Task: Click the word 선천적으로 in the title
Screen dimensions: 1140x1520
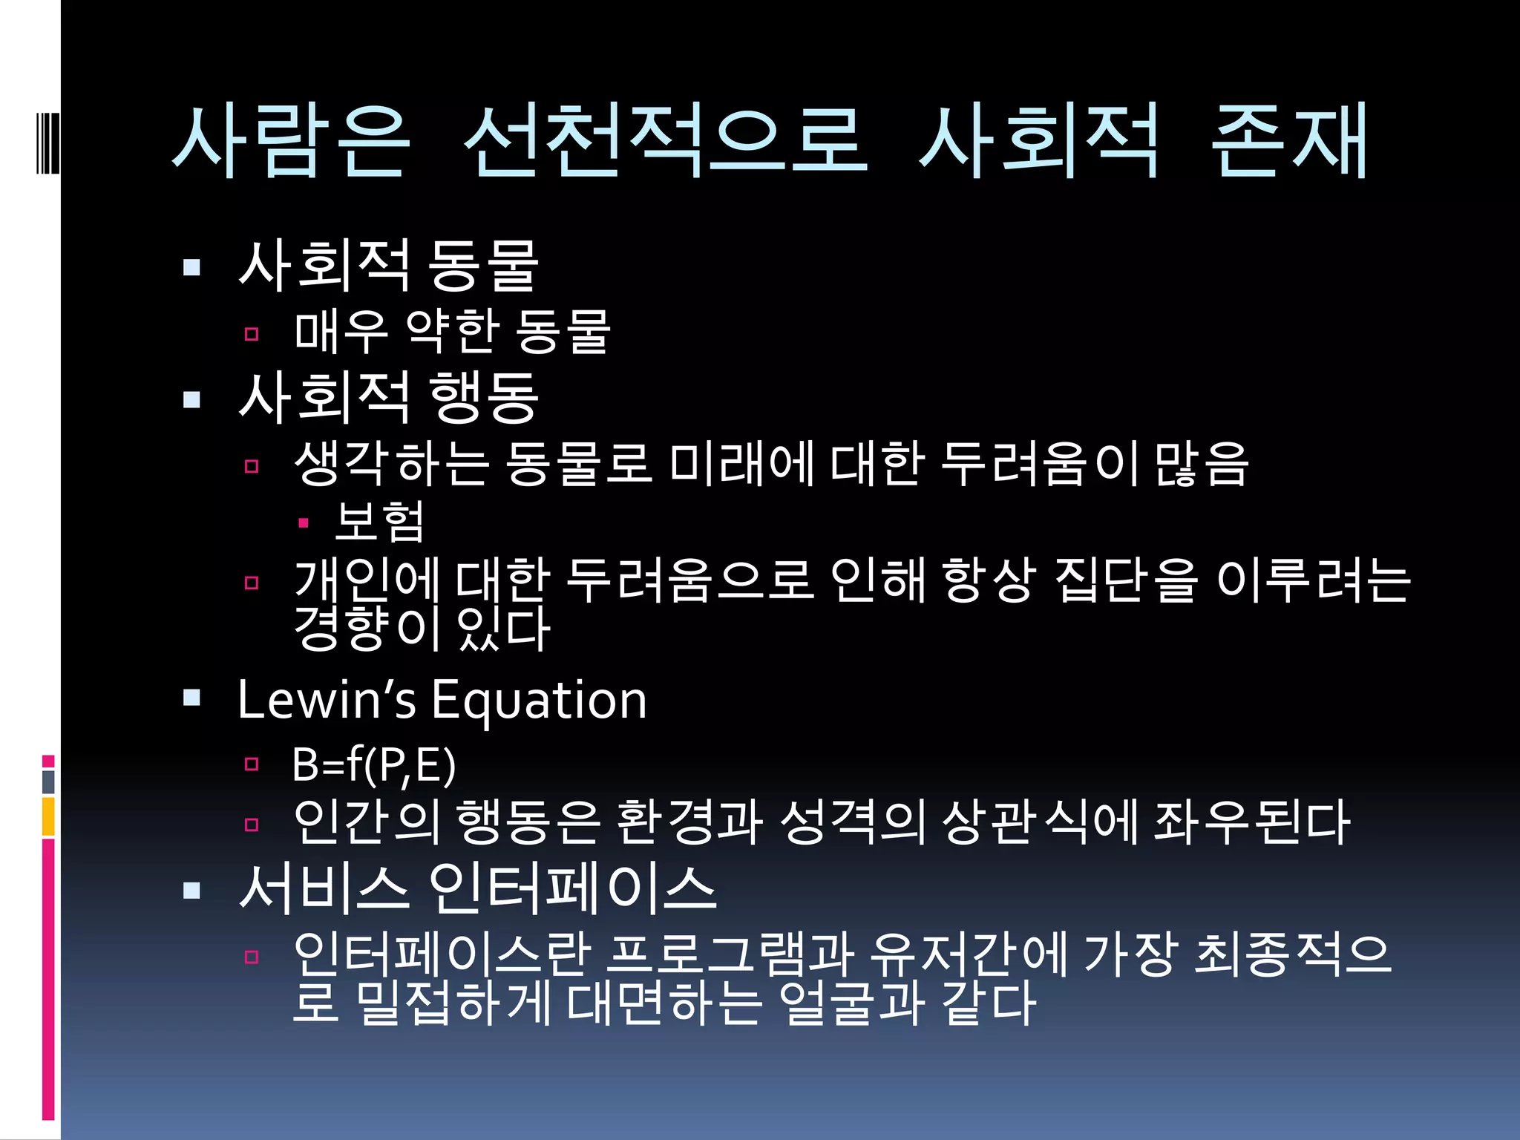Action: tap(664, 141)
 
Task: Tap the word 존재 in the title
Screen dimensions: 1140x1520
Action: tap(1288, 141)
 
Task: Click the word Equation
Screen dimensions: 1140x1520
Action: tap(539, 701)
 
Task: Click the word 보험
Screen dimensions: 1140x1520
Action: tap(379, 521)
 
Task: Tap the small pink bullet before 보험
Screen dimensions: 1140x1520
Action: tap(303, 523)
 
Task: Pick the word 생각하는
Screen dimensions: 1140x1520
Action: tap(392, 463)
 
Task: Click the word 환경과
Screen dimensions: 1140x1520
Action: tap(689, 822)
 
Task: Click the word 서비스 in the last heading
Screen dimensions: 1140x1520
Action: tap(324, 888)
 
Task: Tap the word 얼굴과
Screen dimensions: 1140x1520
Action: tap(854, 1003)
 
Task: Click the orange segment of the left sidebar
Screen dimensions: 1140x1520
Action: tap(48, 816)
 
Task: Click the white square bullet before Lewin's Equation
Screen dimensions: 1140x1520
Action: tap(192, 697)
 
